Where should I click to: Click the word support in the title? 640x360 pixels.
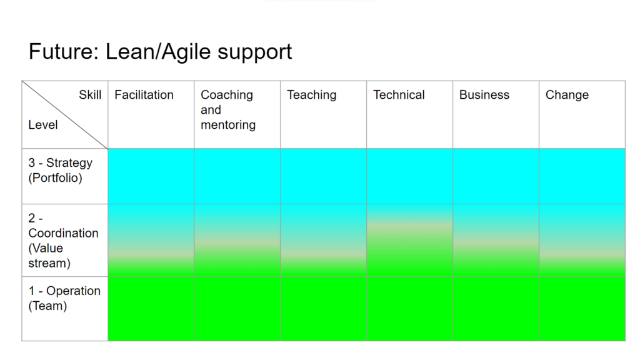coord(255,53)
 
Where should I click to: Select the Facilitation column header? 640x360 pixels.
coord(144,95)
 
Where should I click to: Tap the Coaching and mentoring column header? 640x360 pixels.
coord(228,109)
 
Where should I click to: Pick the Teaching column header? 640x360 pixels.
coord(312,95)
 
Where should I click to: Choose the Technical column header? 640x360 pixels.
coord(399,95)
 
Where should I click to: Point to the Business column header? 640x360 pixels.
coord(484,95)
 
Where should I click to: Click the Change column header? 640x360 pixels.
coord(567,95)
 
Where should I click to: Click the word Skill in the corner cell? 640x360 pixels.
coord(90,95)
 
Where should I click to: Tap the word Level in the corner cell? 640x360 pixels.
coord(43,124)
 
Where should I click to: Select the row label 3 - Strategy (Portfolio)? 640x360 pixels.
coord(61,170)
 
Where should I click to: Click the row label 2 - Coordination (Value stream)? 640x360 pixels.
coord(63,241)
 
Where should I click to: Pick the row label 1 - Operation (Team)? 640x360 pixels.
coord(64,298)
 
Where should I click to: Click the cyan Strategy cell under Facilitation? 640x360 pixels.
coord(151,176)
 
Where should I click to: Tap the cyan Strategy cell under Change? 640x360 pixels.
coord(582,176)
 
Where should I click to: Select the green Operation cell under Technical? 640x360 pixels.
coord(410,309)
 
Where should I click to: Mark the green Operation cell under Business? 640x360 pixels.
coord(496,309)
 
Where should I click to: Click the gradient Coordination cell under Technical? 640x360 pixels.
coord(410,241)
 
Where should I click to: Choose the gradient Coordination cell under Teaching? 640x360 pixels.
coord(323,241)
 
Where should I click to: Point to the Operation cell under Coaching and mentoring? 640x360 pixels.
coord(237,309)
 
